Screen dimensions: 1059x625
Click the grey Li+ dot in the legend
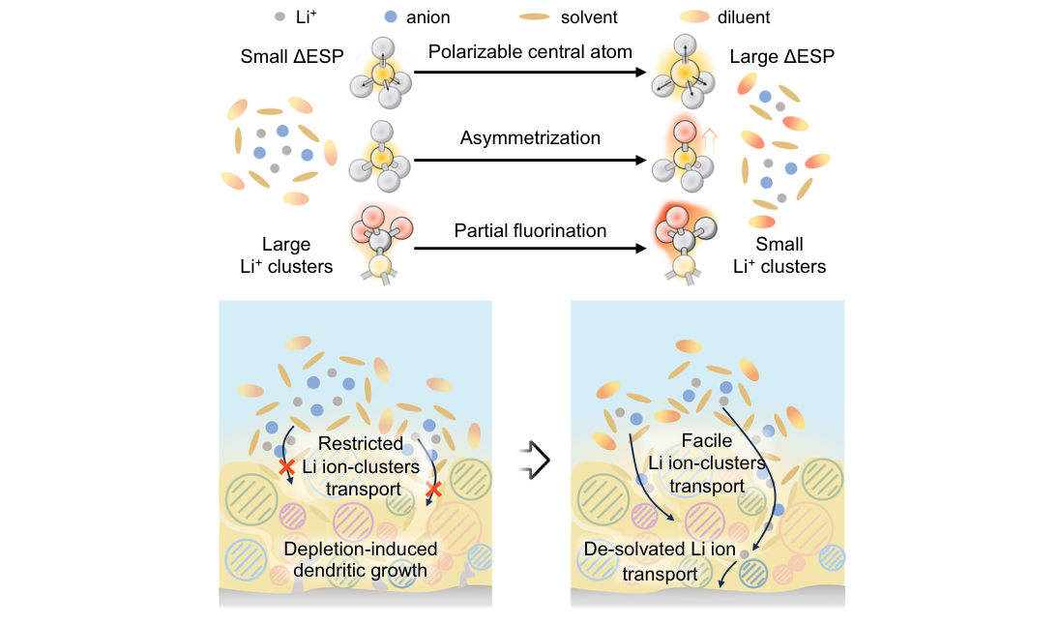pos(279,16)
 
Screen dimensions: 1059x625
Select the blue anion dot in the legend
pos(391,16)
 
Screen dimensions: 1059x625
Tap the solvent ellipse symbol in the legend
pos(534,16)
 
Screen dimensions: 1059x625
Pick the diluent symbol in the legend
pos(694,16)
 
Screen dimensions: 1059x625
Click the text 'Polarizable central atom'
pos(530,52)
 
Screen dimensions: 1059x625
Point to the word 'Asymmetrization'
pos(530,137)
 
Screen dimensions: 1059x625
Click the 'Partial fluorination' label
pos(530,230)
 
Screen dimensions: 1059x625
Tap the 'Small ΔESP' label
pos(292,56)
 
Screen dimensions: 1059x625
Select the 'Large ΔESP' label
pos(782,56)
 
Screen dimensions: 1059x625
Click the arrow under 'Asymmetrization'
pos(530,161)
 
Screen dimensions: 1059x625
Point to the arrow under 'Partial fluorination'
pos(530,249)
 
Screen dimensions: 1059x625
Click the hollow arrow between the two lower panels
pos(536,461)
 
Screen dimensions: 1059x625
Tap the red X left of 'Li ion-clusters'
pos(287,466)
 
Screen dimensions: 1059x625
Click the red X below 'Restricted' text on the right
pos(433,490)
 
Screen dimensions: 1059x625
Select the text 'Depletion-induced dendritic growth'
pos(360,559)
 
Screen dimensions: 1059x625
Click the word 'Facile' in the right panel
pos(706,440)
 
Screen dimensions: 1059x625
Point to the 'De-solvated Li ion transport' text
pos(660,561)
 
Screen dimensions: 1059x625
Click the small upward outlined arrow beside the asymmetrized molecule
pos(709,142)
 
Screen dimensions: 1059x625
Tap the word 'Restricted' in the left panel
pos(361,443)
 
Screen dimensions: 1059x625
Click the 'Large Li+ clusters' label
pos(286,255)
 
